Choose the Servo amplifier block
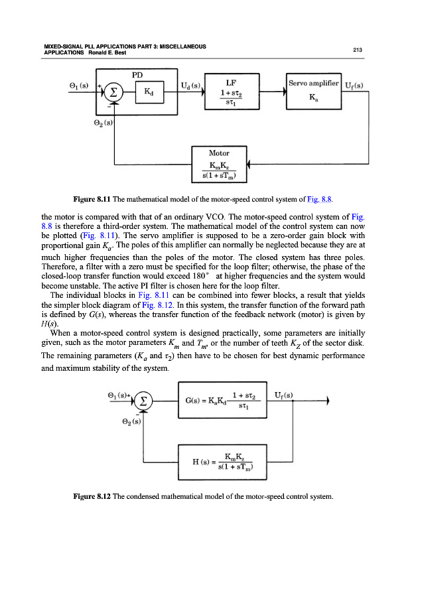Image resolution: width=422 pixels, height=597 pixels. click(313, 92)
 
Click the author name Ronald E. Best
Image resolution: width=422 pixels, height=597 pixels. click(114, 52)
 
